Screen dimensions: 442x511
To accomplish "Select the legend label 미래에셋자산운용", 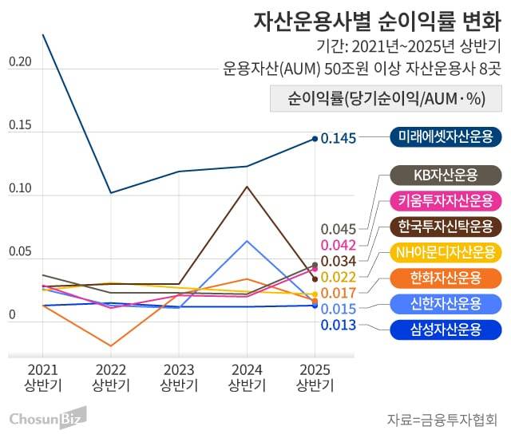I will tap(446, 136).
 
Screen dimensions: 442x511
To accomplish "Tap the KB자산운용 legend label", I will tap(446, 175).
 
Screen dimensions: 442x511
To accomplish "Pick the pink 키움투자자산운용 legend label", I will tap(446, 199).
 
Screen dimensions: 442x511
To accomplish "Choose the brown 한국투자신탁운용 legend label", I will tap(446, 226).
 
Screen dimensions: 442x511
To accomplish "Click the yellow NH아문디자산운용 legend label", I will tap(446, 252).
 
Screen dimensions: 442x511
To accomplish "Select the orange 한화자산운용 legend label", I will tap(446, 278).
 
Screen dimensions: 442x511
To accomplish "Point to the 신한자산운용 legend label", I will tap(446, 303).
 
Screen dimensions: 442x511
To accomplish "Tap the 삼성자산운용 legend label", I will tap(446, 329).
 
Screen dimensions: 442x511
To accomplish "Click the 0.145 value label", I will tap(338, 139).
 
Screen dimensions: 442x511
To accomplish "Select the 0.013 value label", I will tap(338, 325).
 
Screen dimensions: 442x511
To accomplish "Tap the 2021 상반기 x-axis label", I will tap(43, 377).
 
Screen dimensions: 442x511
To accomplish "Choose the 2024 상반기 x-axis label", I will tap(247, 377).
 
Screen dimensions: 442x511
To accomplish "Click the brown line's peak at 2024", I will tap(247, 187).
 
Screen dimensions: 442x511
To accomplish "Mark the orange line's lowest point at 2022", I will tap(111, 345).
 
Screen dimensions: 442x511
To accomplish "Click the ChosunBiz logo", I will tap(47, 419).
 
